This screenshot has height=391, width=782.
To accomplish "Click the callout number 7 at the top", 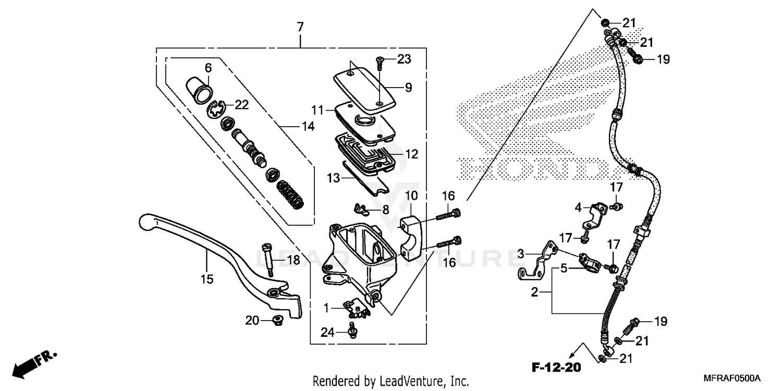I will coord(300,27).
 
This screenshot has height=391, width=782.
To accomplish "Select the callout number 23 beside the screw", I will coord(404,59).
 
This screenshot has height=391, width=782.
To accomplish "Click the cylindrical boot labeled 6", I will coord(200,89).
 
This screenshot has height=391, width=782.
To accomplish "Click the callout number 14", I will coord(308,126).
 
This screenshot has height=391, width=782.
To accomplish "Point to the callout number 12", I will coord(412,154).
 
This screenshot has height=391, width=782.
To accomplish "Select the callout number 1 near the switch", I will coord(326,309).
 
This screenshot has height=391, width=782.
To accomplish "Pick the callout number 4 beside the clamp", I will coord(578,207).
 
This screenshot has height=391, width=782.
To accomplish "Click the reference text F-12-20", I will coord(556,368).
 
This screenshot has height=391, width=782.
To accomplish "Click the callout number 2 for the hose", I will coord(534,292).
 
